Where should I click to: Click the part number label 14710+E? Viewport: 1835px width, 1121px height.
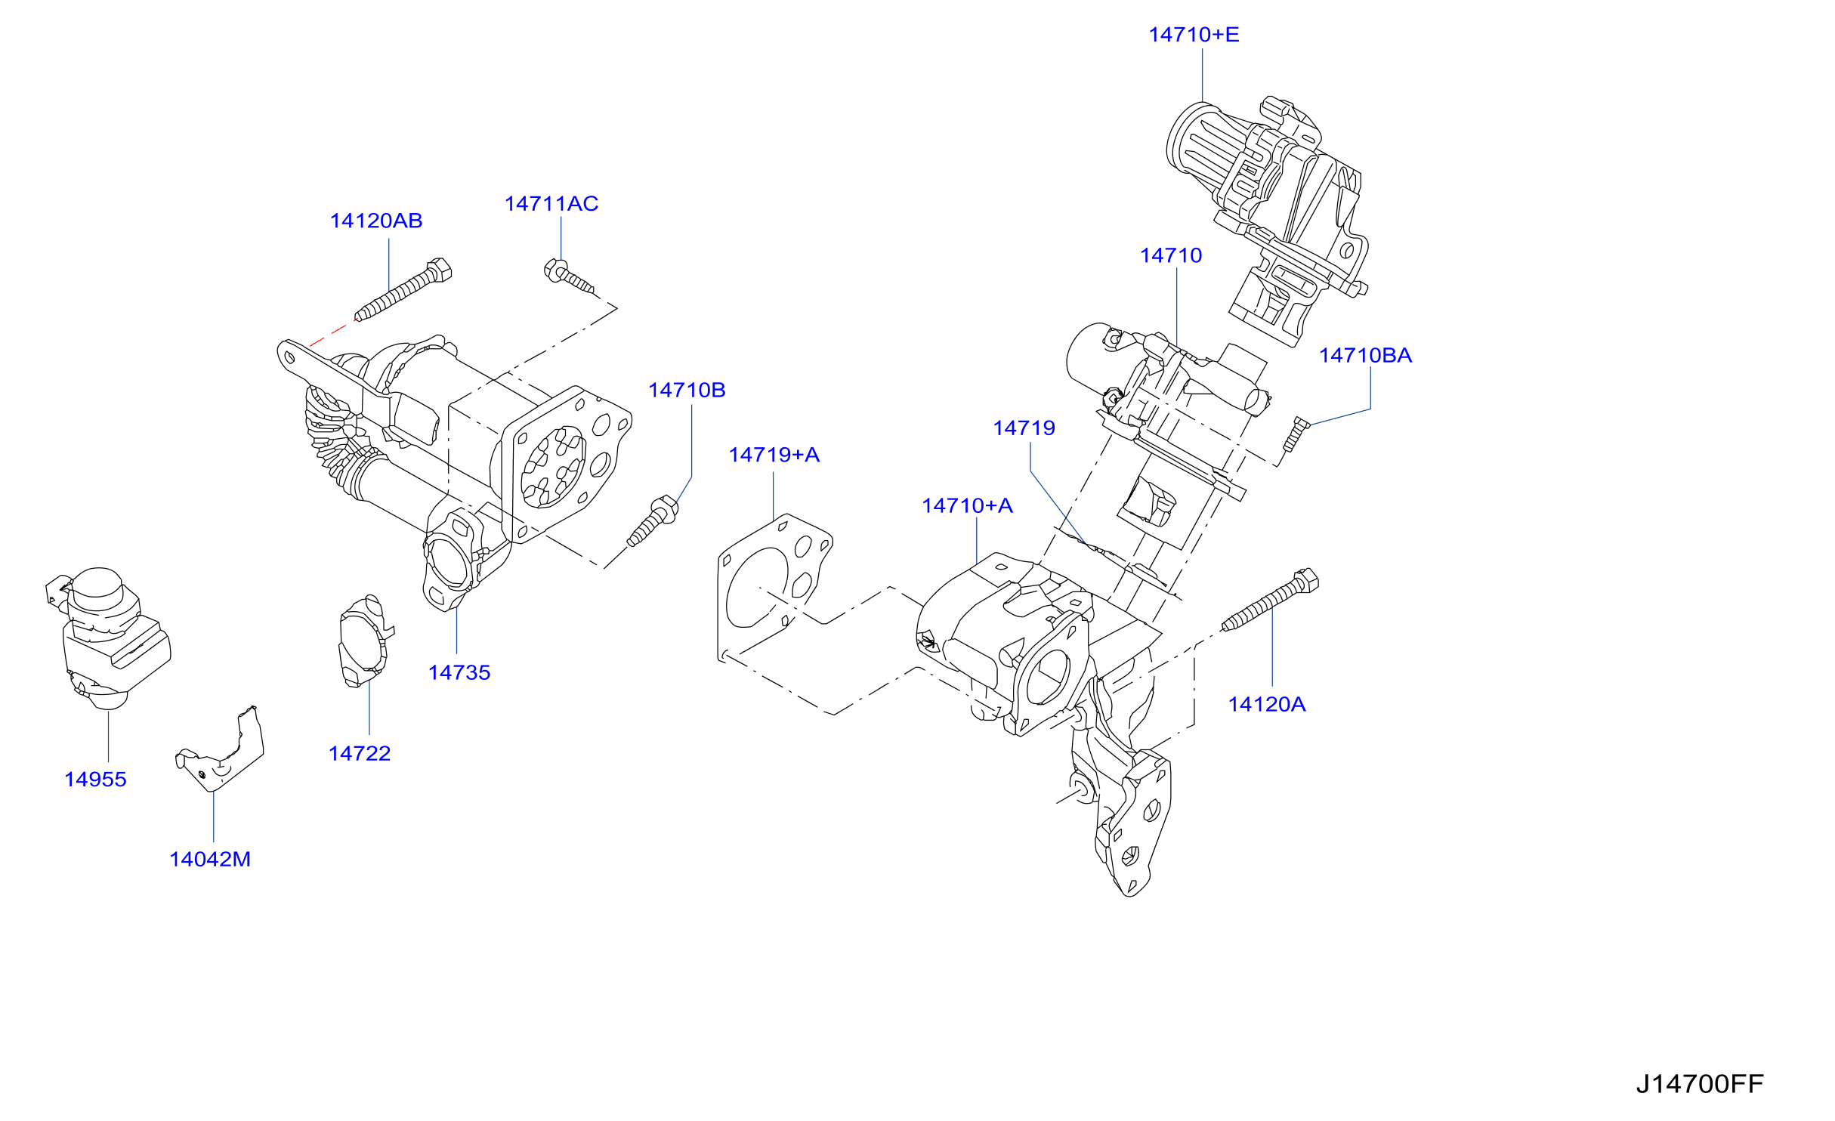pos(1194,35)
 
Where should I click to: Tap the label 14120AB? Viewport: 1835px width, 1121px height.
pos(376,221)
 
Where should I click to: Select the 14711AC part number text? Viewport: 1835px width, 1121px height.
pos(551,203)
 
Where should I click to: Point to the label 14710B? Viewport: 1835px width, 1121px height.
pos(687,390)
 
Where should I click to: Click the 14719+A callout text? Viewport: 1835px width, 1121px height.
pos(774,455)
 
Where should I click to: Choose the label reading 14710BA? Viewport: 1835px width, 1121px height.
pos(1365,355)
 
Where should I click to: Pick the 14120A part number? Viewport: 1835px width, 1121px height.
pos(1267,704)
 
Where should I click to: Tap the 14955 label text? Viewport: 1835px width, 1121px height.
pos(95,779)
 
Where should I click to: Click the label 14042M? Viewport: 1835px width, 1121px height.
pos(210,859)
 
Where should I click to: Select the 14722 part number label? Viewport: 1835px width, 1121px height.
pos(360,753)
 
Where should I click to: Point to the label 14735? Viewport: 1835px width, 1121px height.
pos(459,672)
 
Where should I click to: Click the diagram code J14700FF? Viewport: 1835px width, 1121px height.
pos(1700,1084)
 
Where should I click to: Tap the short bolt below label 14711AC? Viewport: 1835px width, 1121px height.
pos(569,276)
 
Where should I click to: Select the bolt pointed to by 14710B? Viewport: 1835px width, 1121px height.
pos(653,520)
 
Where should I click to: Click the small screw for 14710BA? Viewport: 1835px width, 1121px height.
pos(1296,434)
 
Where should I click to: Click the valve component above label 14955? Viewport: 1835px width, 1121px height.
pos(108,638)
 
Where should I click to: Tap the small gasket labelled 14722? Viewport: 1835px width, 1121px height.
pos(365,641)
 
